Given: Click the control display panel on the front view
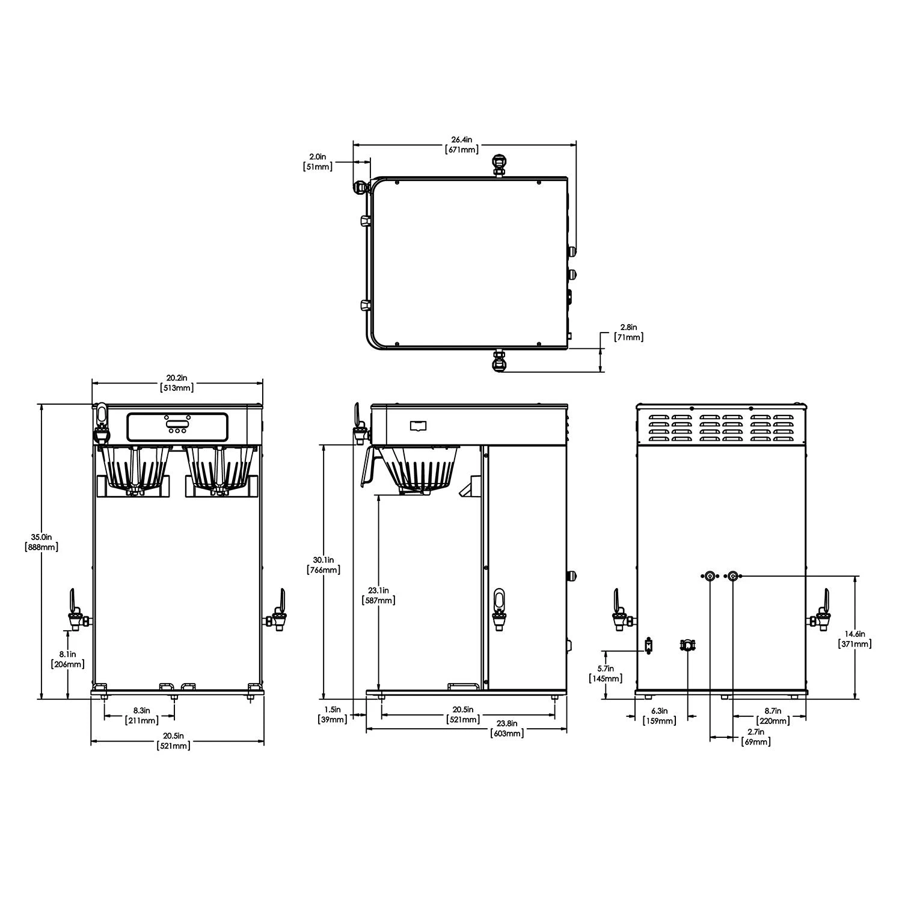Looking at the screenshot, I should pyautogui.click(x=177, y=426).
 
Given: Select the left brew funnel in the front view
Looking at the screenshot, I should pyautogui.click(x=133, y=469).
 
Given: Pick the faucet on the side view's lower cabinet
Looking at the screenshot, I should pyautogui.click(x=499, y=610).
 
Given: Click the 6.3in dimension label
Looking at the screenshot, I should pyautogui.click(x=659, y=715).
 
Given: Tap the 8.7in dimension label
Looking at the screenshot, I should pyautogui.click(x=773, y=715).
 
